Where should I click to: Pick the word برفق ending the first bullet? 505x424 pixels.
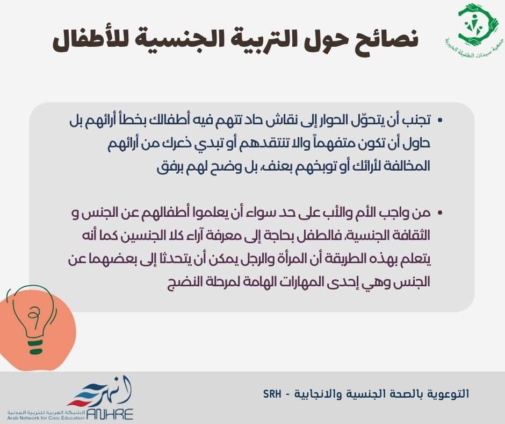[168, 167]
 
